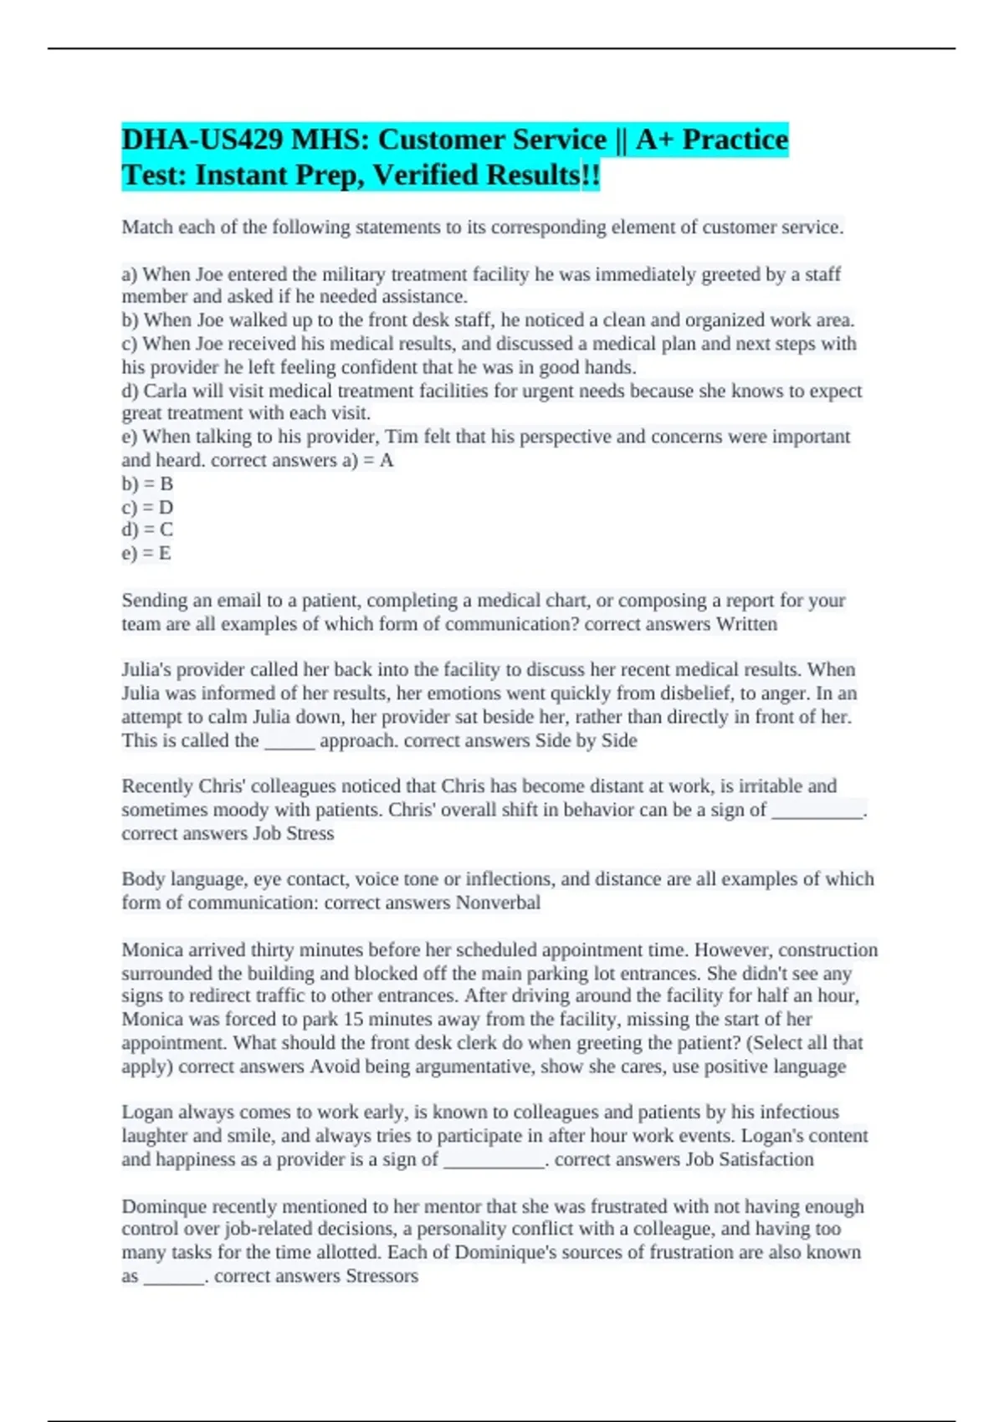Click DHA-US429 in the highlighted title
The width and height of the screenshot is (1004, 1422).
click(x=202, y=139)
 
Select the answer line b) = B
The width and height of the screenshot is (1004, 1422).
click(x=147, y=483)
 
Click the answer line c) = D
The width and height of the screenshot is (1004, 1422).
click(x=147, y=507)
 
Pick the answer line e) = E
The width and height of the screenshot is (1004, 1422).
click(x=146, y=553)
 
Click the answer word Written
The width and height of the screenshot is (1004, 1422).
click(x=746, y=624)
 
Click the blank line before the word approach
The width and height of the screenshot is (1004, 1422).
click(x=289, y=741)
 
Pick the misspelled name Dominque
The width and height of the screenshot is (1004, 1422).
click(x=164, y=1206)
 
